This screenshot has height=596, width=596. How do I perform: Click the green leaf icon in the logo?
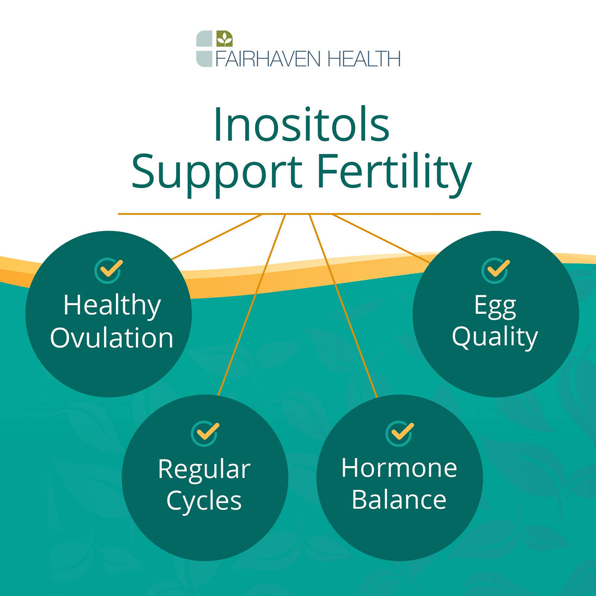(x=224, y=39)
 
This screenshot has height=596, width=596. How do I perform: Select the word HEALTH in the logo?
(x=364, y=59)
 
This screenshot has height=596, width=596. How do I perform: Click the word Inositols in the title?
(x=302, y=125)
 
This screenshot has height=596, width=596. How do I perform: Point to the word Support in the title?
(x=216, y=172)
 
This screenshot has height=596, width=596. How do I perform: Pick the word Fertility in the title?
(x=394, y=172)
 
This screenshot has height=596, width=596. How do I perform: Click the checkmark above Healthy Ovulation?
(x=109, y=270)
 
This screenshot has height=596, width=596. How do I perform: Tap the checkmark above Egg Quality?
(x=495, y=270)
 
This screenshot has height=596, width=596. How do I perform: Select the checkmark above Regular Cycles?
(x=205, y=433)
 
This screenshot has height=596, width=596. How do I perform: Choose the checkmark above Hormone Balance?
(x=400, y=433)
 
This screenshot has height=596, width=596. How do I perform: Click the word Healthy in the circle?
(x=112, y=306)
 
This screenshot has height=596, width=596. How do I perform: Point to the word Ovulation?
(x=112, y=338)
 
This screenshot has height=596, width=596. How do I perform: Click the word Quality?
(x=495, y=338)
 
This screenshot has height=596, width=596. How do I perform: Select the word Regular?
(x=204, y=470)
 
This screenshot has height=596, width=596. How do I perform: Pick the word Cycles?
(x=204, y=501)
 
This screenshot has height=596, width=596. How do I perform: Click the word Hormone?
(x=399, y=468)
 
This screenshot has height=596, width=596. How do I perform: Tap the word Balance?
(x=399, y=499)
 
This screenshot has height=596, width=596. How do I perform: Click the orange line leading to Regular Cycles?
(x=252, y=305)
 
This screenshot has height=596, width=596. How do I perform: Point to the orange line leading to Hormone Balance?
(x=343, y=306)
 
